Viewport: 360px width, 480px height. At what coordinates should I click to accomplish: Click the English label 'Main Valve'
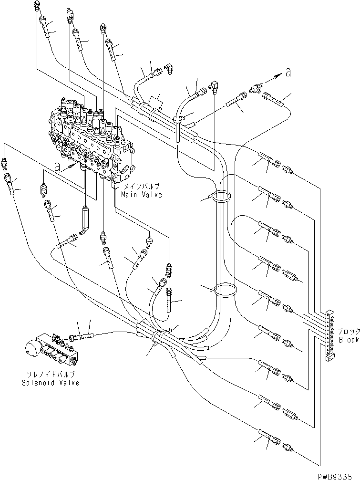point(141,195)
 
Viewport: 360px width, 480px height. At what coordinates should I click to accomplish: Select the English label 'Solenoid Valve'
point(50,383)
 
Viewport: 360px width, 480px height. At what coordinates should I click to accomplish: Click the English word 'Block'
point(348,340)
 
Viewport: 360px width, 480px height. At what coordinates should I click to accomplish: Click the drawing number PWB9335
point(342,475)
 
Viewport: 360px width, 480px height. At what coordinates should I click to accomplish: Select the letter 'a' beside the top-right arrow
point(288,72)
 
